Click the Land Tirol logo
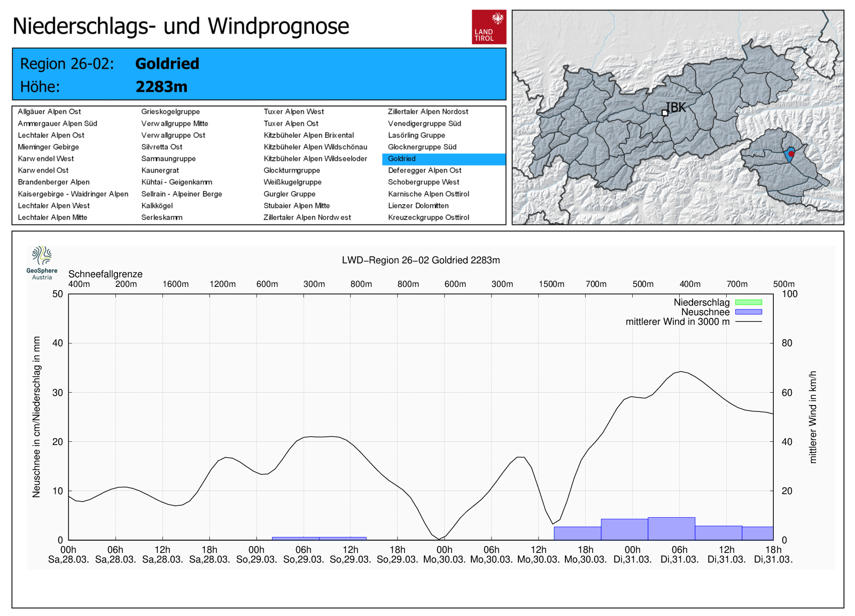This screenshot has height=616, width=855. point(488,27)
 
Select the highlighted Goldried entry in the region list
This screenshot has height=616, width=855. point(402,159)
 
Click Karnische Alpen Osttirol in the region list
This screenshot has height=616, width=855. point(428,194)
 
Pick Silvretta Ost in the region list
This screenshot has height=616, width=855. point(161,147)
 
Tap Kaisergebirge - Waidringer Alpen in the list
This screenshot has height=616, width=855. point(73,194)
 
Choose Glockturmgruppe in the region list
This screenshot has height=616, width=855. point(292,170)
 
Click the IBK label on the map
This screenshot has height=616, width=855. point(676,107)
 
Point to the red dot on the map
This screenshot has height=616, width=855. point(791,154)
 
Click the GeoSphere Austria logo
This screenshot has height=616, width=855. point(42,262)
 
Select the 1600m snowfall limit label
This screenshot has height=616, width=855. point(175,284)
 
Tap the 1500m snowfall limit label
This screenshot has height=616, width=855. point(551,284)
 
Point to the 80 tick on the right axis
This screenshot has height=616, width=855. point(787,343)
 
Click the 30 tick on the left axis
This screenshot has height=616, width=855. point(58,393)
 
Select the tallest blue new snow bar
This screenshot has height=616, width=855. point(671,528)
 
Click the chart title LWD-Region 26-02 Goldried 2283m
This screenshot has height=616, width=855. point(421,260)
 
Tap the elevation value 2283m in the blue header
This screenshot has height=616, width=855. point(161,87)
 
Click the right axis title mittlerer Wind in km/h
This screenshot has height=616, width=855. point(813,417)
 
